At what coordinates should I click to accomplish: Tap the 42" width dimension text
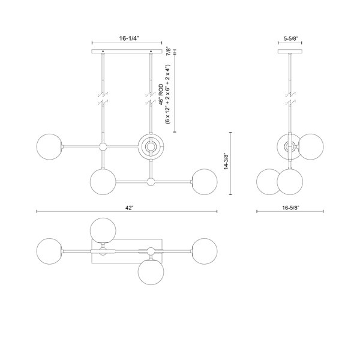point(129,208)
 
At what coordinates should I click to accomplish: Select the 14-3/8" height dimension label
point(227,161)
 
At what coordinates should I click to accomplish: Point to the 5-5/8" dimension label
point(290,38)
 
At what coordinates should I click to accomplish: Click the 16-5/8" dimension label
point(291,208)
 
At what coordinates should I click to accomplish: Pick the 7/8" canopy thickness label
point(169,51)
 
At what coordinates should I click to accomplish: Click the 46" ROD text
point(161,95)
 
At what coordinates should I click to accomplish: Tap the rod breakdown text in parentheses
point(168,94)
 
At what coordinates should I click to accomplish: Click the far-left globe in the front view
point(49,147)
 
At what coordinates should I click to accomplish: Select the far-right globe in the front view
point(205,182)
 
